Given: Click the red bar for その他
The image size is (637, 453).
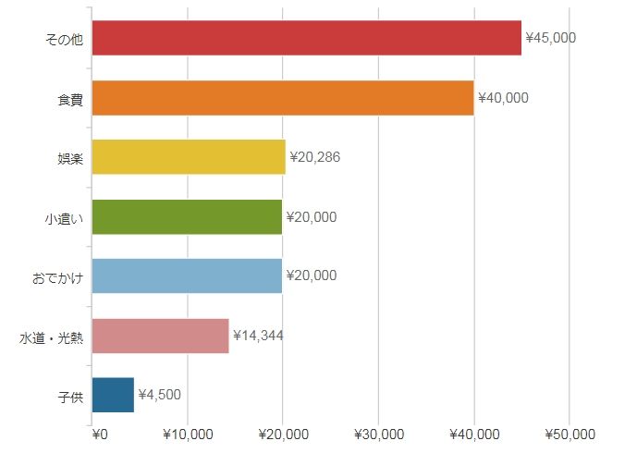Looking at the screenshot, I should point(307,38).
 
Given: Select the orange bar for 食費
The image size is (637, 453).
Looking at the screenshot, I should point(283,97).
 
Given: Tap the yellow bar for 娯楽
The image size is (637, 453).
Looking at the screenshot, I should point(189,157).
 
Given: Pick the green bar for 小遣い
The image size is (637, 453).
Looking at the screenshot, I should point(187,216).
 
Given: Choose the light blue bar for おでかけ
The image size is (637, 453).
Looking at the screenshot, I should point(187,275).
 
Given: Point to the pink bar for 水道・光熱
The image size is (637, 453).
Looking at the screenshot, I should point(161,336).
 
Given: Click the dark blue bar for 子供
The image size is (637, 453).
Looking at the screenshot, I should point(114,395).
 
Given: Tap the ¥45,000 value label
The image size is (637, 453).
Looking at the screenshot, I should point(551,38).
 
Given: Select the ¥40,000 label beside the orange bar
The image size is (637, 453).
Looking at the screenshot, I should point(503,97).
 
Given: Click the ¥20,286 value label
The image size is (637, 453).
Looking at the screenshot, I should point(315,157).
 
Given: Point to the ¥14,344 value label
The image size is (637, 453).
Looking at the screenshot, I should point(258,335).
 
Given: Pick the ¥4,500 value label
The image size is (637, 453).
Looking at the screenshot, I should point(159,395).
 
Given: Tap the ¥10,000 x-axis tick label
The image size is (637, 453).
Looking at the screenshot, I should point(189,435).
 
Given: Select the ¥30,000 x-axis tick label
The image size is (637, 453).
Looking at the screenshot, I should point(379,435).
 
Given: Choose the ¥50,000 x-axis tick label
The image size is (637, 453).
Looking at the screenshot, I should point(570,435).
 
